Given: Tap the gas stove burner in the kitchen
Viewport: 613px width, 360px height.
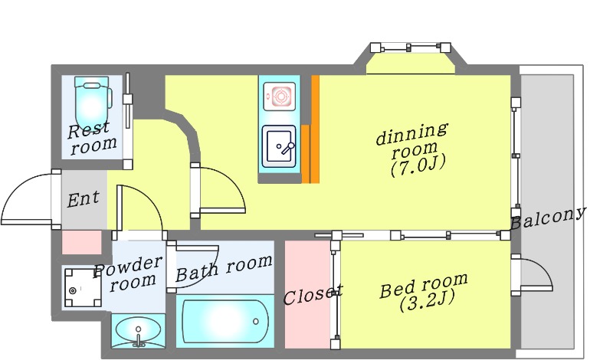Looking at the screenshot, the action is pos(280,97).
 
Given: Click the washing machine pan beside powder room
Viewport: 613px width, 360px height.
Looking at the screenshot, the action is pos(83,288).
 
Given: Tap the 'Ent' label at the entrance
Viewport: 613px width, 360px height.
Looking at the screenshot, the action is pos(83,199).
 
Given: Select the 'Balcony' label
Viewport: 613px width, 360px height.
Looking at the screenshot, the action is pos(548,218).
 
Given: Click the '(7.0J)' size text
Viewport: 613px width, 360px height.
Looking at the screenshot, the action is pos(418,167).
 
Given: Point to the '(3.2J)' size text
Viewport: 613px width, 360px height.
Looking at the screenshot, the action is pos(428,302).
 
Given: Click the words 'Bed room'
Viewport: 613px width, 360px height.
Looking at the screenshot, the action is pos(424,286).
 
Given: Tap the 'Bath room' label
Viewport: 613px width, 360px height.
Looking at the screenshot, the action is pos(224,268).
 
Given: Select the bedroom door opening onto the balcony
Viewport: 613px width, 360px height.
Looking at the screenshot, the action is pos(533,273).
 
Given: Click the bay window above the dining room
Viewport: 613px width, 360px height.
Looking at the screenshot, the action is pos(410,47).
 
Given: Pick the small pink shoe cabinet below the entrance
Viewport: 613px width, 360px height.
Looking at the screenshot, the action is pos(82,242).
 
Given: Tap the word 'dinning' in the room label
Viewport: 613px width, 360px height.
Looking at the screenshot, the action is pos(411,134).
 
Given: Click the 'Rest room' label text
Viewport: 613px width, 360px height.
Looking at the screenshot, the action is pos(91,138).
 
